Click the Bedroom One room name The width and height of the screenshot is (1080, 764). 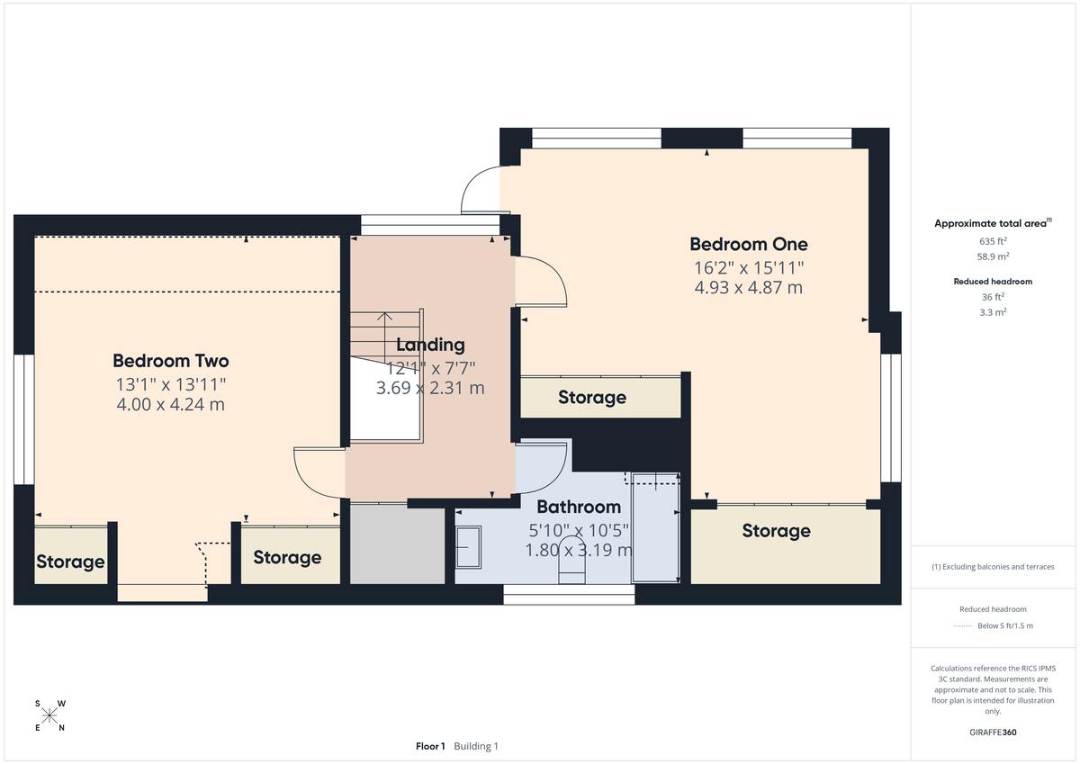(748, 244)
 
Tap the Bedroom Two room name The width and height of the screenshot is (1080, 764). (170, 361)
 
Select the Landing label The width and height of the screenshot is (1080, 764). (430, 345)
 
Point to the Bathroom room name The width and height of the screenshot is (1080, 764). (579, 507)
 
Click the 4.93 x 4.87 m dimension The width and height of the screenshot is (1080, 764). (748, 288)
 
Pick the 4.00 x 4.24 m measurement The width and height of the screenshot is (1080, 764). (170, 405)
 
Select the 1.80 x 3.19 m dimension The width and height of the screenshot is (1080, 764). (579, 550)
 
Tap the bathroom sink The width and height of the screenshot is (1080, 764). (468, 547)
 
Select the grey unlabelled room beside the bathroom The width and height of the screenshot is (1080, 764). (397, 545)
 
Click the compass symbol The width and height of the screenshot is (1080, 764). (49, 715)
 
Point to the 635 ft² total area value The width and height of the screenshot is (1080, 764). (993, 241)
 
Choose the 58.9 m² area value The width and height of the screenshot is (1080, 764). (993, 256)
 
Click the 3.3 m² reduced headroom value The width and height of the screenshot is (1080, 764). (993, 311)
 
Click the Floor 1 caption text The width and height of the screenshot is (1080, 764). (430, 746)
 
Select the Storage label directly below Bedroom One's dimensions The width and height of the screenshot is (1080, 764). (591, 398)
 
